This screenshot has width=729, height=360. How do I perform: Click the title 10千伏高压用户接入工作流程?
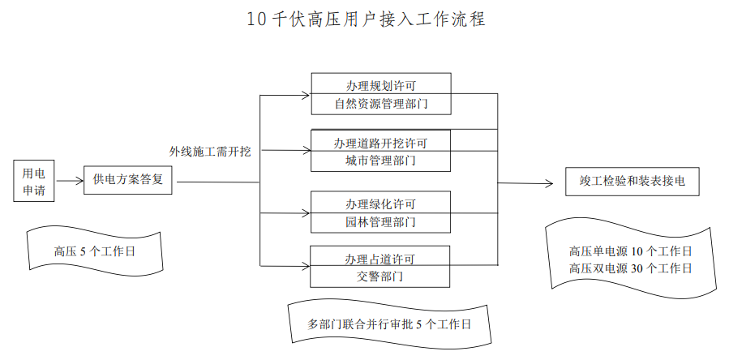[x=366, y=19]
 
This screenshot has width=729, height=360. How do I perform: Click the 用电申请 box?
[x=33, y=182]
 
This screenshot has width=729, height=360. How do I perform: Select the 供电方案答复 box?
[x=129, y=179]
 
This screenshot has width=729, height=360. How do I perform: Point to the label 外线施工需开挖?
[x=210, y=152]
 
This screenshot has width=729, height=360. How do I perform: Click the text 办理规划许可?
[x=380, y=85]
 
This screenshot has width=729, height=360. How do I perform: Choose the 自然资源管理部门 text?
[x=380, y=104]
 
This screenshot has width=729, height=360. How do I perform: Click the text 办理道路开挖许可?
[x=380, y=143]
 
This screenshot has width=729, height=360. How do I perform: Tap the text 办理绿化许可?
[x=380, y=203]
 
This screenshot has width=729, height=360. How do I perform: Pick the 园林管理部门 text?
[x=380, y=221]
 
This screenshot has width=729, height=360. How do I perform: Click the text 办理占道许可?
[x=380, y=259]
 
